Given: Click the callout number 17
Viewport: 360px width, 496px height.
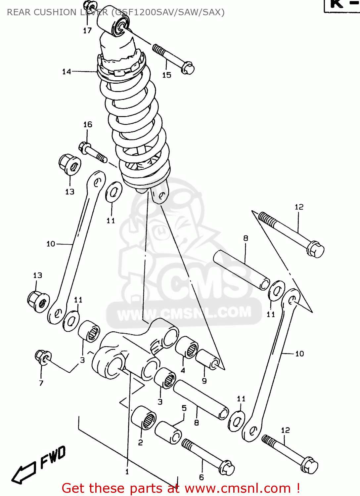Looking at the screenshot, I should tap(87, 31).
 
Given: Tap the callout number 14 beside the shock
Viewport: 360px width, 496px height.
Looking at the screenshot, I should tap(67, 72).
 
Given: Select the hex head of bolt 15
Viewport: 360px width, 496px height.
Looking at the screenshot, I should tap(188, 68).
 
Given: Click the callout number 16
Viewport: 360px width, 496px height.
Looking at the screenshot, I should tap(88, 125).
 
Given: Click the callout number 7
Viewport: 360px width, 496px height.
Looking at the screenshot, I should tap(41, 383).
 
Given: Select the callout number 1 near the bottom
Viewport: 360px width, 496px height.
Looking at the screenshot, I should tap(127, 472).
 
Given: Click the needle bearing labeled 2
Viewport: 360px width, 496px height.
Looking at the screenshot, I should tap(144, 418).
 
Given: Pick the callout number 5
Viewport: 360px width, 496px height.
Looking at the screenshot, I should tap(184, 408).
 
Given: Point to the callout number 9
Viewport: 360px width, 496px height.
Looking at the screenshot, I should tap(204, 381).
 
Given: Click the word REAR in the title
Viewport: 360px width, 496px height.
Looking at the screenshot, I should tap(19, 13).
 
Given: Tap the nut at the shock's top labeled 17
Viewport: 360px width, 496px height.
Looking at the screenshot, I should tap(88, 6).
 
